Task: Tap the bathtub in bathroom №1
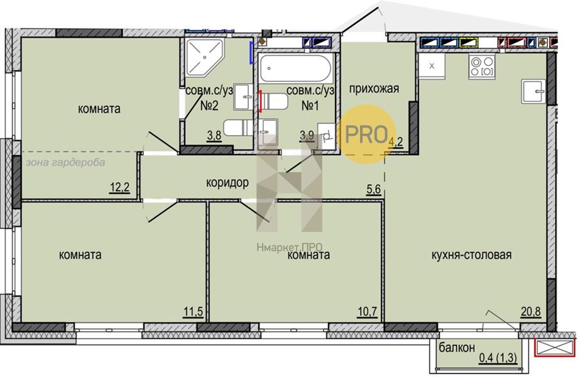[x=295, y=68]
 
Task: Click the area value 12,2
[x=119, y=188]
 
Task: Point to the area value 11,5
[x=193, y=312]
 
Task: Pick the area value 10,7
[x=368, y=312]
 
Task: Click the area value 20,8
[x=531, y=312]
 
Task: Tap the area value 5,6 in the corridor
[x=373, y=189]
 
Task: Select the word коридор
[x=227, y=182]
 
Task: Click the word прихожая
[x=374, y=89]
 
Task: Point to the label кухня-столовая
[x=472, y=255]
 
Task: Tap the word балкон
[x=457, y=347]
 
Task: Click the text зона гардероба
[x=65, y=162]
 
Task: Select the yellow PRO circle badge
[x=366, y=134]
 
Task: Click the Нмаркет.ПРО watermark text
[x=290, y=247]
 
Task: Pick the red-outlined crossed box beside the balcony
[x=555, y=347]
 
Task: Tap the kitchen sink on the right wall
[x=533, y=91]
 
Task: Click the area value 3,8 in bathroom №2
[x=214, y=136]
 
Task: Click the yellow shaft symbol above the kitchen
[x=468, y=43]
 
